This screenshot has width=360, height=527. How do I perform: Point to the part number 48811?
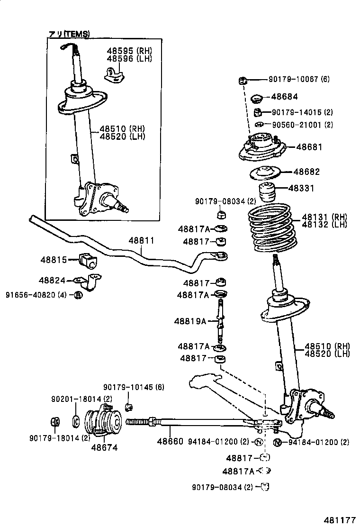(141, 240)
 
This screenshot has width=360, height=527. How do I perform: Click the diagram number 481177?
(339, 518)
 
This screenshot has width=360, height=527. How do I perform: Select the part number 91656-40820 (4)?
(36, 295)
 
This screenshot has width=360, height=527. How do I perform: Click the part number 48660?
(170, 442)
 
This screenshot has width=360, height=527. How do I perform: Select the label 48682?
(306, 172)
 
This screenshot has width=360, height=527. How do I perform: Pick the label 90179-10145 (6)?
(134, 387)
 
